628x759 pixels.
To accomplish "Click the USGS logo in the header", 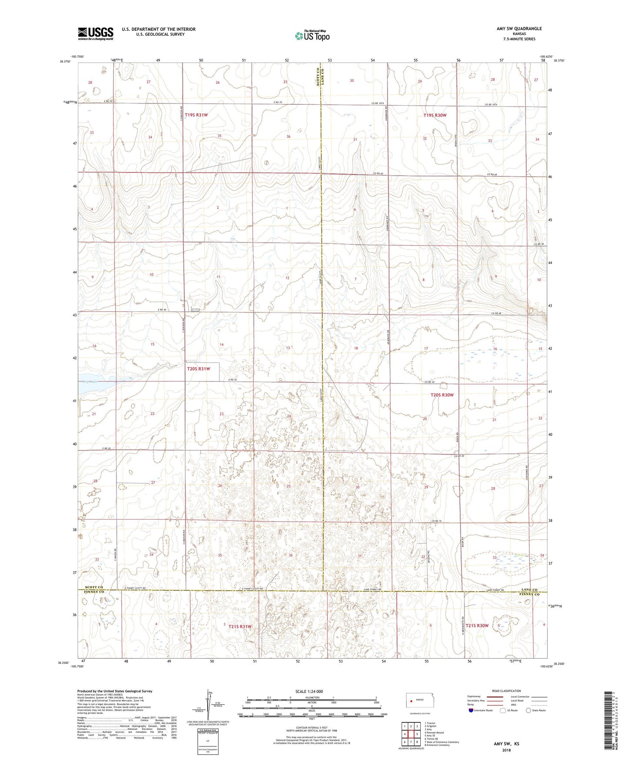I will (96, 33).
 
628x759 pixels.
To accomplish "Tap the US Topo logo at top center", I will (312, 36).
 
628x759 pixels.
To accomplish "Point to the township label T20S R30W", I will (442, 395).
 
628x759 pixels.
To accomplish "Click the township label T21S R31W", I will (240, 626).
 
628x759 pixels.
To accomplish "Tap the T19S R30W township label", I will (435, 115).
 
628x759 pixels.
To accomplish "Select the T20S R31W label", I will (199, 369).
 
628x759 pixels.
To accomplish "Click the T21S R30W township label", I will (477, 626).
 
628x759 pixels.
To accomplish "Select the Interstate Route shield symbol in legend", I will (471, 710).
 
